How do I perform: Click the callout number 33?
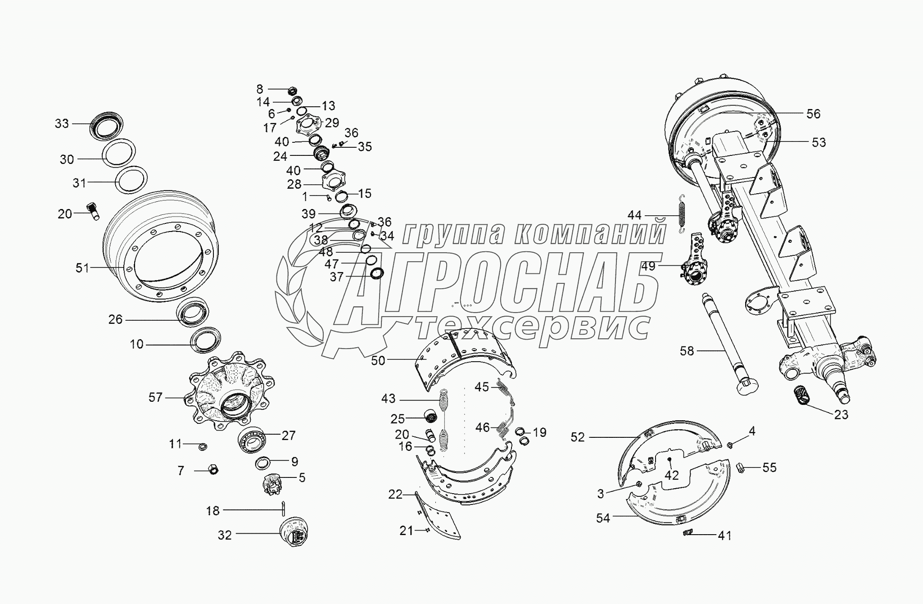[62, 123]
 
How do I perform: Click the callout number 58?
[687, 350]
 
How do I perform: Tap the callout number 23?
[841, 414]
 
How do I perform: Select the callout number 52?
[578, 437]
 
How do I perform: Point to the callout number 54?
[603, 518]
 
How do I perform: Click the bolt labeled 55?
[741, 468]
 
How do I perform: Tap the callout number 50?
[378, 361]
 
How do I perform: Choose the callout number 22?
[395, 495]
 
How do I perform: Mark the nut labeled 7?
[214, 470]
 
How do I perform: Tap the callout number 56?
[813, 114]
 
